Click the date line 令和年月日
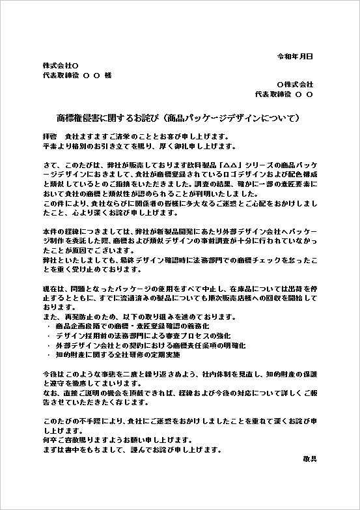click(x=296, y=57)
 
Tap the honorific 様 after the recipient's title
click(x=107, y=75)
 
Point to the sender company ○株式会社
click(x=295, y=85)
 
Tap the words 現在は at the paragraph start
click(x=53, y=288)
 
